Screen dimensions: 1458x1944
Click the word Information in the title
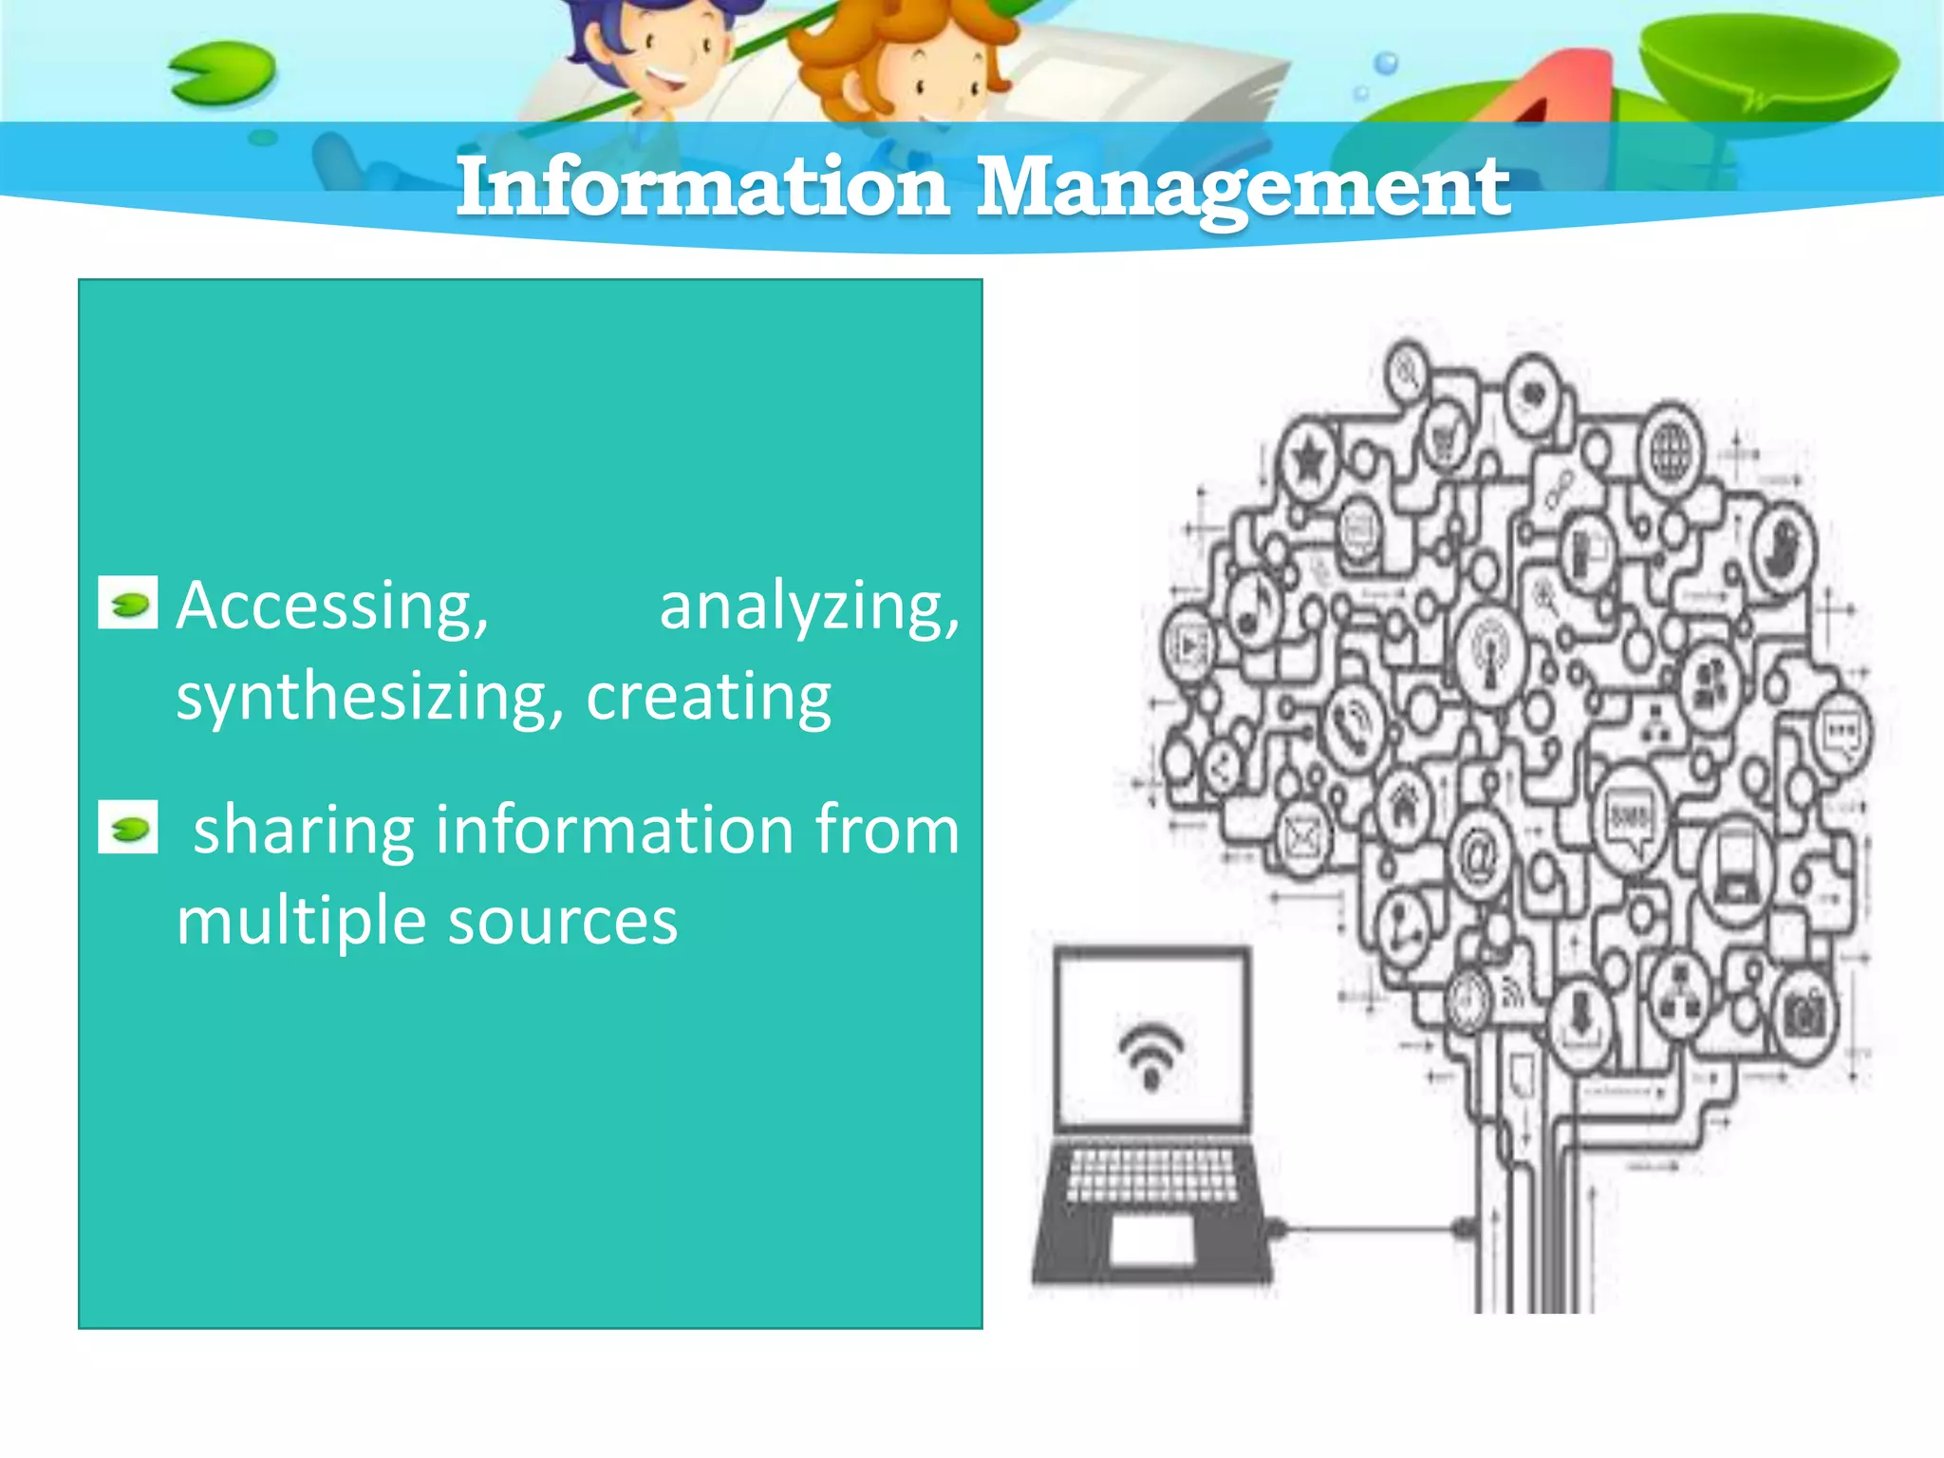click(x=702, y=186)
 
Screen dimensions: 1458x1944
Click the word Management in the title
click(x=1243, y=188)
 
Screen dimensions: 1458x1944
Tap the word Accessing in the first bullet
click(x=332, y=607)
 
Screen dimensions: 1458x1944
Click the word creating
click(x=708, y=698)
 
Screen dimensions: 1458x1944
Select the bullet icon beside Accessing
click(x=128, y=604)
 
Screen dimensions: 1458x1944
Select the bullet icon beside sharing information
click(x=128, y=828)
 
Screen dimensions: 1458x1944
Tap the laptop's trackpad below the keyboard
click(x=1151, y=1239)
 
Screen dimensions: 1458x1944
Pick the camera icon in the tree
click(x=1804, y=1016)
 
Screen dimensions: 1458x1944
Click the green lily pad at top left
click(x=222, y=74)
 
